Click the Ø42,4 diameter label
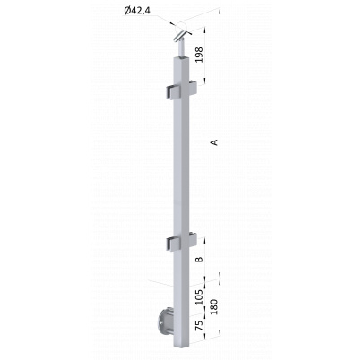point(137,11)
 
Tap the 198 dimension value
point(199,55)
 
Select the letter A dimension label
point(214,142)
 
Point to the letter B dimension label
point(199,259)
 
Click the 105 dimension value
point(199,296)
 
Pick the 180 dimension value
point(214,307)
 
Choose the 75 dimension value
point(199,324)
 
